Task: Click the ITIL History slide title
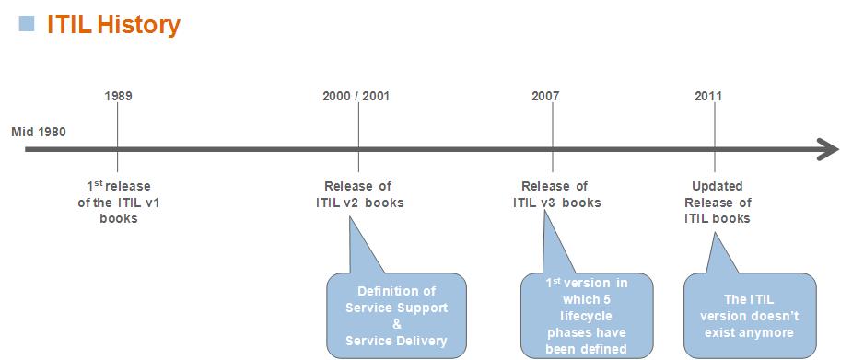[x=113, y=25]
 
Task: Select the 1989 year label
[x=118, y=96]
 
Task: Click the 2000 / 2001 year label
[x=356, y=96]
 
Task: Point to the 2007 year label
[x=545, y=96]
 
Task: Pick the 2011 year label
[x=708, y=96]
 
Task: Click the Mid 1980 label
[x=39, y=131]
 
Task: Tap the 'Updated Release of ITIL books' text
[x=717, y=202]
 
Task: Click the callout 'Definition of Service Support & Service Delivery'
[x=396, y=315]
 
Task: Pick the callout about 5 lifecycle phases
[x=586, y=315]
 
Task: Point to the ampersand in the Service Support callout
[x=396, y=323]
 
